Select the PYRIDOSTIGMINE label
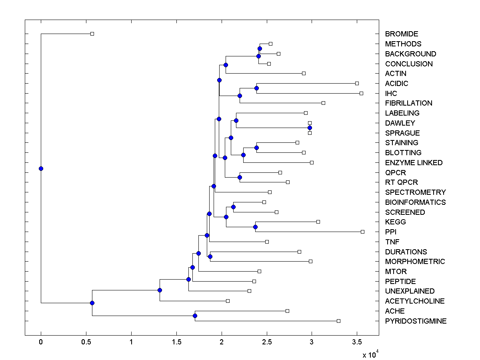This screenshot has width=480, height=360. tap(416, 321)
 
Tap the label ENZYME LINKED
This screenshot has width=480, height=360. tap(414, 163)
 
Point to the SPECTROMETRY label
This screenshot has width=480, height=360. tap(415, 192)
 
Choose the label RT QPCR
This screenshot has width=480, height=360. tap(401, 182)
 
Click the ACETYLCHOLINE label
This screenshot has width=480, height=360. tap(415, 301)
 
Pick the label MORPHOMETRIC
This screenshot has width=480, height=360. tap(415, 262)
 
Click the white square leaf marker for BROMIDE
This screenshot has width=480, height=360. tap(92, 34)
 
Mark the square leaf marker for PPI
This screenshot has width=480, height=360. tap(362, 232)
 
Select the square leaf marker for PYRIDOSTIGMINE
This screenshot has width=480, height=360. tap(338, 321)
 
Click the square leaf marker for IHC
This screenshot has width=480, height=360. tap(361, 93)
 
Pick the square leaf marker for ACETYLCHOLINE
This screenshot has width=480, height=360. tap(228, 301)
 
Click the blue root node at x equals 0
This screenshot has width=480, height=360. tap(41, 168)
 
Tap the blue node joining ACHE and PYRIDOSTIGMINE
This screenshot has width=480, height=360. tap(195, 316)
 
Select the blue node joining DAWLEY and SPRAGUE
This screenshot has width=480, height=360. tap(310, 128)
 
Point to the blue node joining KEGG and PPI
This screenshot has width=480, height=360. tap(255, 227)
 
